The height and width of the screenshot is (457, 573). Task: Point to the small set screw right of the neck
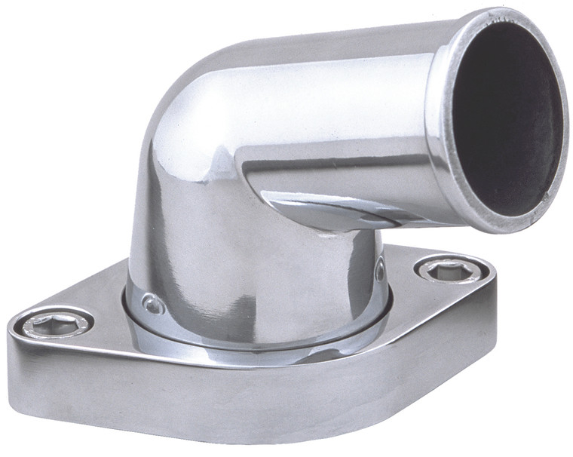[x=380, y=269]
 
